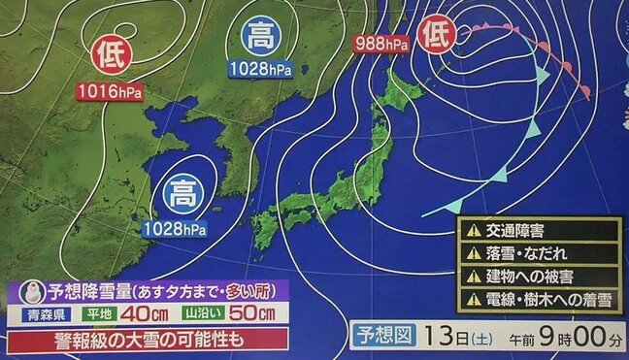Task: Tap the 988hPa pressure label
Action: point(381,43)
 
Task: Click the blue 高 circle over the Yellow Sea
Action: point(181,190)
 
